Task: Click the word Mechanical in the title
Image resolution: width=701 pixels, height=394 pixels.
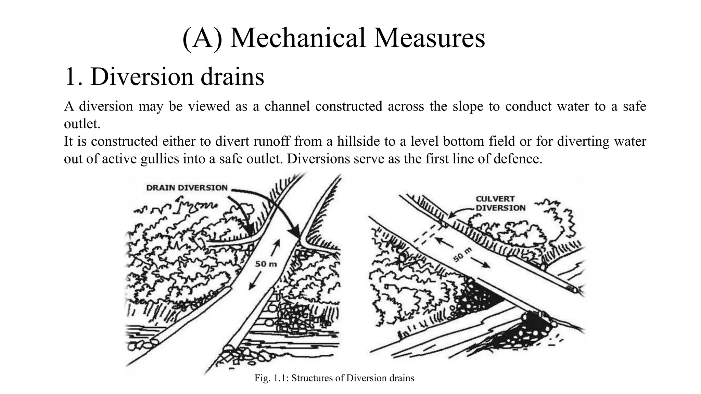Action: (x=298, y=38)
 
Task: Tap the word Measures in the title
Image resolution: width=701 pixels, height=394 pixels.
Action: (x=429, y=38)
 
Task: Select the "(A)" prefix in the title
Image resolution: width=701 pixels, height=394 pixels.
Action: (x=202, y=38)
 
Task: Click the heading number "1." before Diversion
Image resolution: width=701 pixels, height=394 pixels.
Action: (x=73, y=77)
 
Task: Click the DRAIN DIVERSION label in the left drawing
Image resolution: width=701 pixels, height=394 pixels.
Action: (x=187, y=188)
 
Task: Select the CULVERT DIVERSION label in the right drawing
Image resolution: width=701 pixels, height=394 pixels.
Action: (x=500, y=203)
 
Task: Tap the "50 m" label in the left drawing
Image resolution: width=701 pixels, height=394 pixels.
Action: (x=266, y=264)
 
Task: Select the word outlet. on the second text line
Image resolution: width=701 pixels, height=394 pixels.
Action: (x=82, y=124)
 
